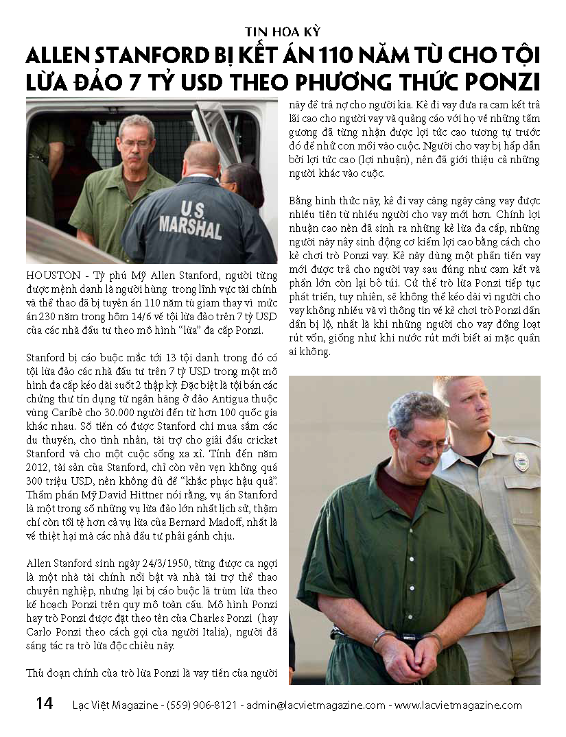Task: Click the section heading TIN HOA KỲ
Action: click(283, 32)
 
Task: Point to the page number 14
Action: click(44, 704)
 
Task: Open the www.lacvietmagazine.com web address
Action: click(458, 705)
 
